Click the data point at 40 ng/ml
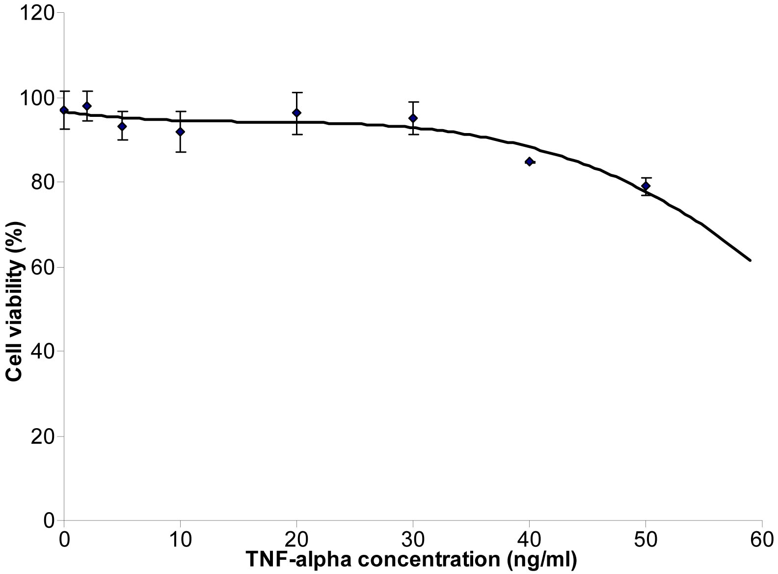point(529,162)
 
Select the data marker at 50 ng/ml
point(645,186)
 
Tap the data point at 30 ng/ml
point(413,118)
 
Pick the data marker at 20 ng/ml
point(296,112)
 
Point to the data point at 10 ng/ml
point(180,132)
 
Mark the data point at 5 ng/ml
point(122,126)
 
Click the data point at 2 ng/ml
point(87,106)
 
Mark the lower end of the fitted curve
point(750,260)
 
